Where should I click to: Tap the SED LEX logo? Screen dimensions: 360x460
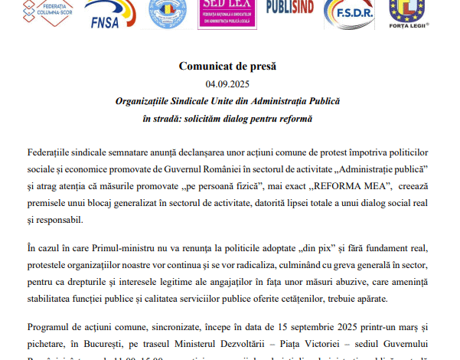[228, 13]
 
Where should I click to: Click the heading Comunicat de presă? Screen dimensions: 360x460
[227, 67]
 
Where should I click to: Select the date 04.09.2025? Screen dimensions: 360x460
[227, 83]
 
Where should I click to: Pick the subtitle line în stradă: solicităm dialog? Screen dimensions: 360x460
[227, 118]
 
